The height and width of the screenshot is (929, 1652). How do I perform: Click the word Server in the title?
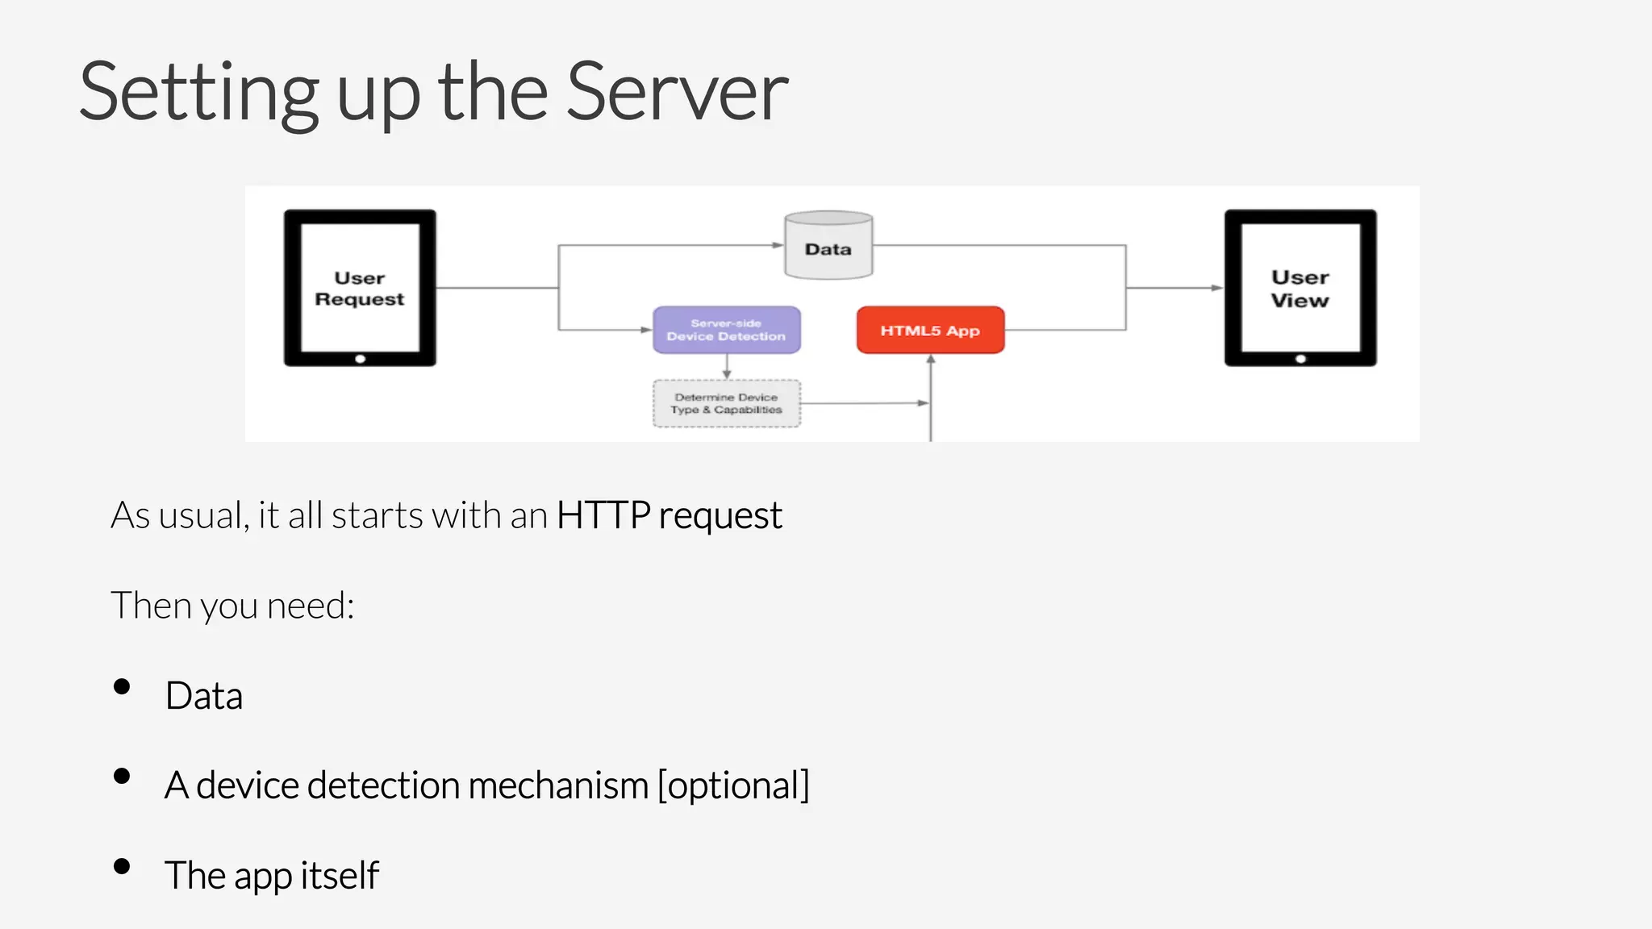(x=677, y=93)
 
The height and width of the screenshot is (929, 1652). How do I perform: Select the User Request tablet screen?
(x=360, y=288)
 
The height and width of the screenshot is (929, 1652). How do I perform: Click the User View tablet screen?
(x=1299, y=288)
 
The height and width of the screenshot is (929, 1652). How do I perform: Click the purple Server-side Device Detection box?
(x=726, y=330)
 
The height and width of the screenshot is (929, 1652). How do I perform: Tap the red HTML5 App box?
(x=930, y=330)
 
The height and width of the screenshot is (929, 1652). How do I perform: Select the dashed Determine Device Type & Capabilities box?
(x=726, y=403)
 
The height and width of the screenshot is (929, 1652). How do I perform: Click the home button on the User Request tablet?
(x=361, y=359)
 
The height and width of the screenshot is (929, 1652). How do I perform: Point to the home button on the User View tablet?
(x=1300, y=359)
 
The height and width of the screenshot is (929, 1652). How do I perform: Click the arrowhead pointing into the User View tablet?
(x=1216, y=288)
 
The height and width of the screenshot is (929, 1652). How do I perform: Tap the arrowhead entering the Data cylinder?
(x=778, y=245)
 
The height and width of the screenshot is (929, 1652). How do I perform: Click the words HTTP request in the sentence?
(x=669, y=515)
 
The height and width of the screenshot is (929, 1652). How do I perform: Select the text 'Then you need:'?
(x=232, y=606)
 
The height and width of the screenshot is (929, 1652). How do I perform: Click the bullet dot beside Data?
(x=123, y=687)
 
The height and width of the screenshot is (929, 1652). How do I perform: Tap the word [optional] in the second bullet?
(x=733, y=785)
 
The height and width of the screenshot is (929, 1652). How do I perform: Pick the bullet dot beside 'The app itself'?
(x=123, y=867)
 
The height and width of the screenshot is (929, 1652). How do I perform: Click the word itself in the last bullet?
(x=340, y=875)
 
